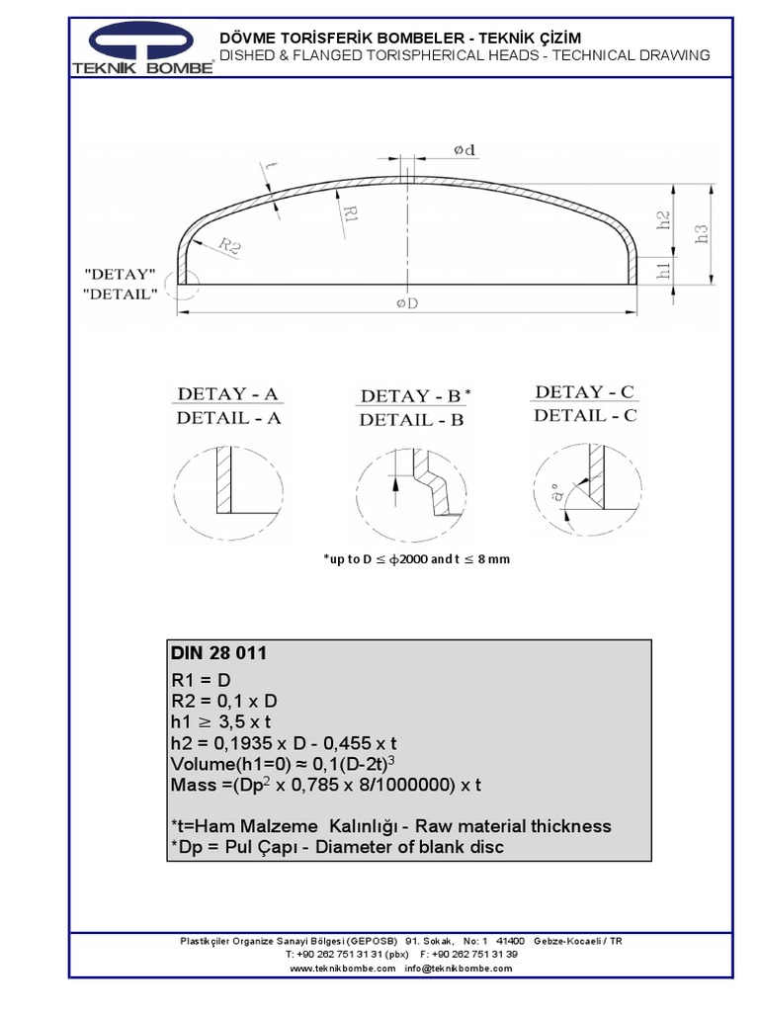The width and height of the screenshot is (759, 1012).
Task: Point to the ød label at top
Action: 464,149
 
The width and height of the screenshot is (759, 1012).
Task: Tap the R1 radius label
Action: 348,213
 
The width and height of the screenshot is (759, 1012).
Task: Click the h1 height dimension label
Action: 664,269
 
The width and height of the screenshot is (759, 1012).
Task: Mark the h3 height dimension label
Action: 701,234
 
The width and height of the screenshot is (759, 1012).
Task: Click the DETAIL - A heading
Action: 229,418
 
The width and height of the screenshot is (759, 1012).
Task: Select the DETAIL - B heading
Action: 411,420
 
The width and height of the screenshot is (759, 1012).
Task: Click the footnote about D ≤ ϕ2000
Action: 416,559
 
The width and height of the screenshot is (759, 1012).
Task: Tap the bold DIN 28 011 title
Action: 219,654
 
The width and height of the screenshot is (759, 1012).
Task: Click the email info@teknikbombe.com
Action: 460,969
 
